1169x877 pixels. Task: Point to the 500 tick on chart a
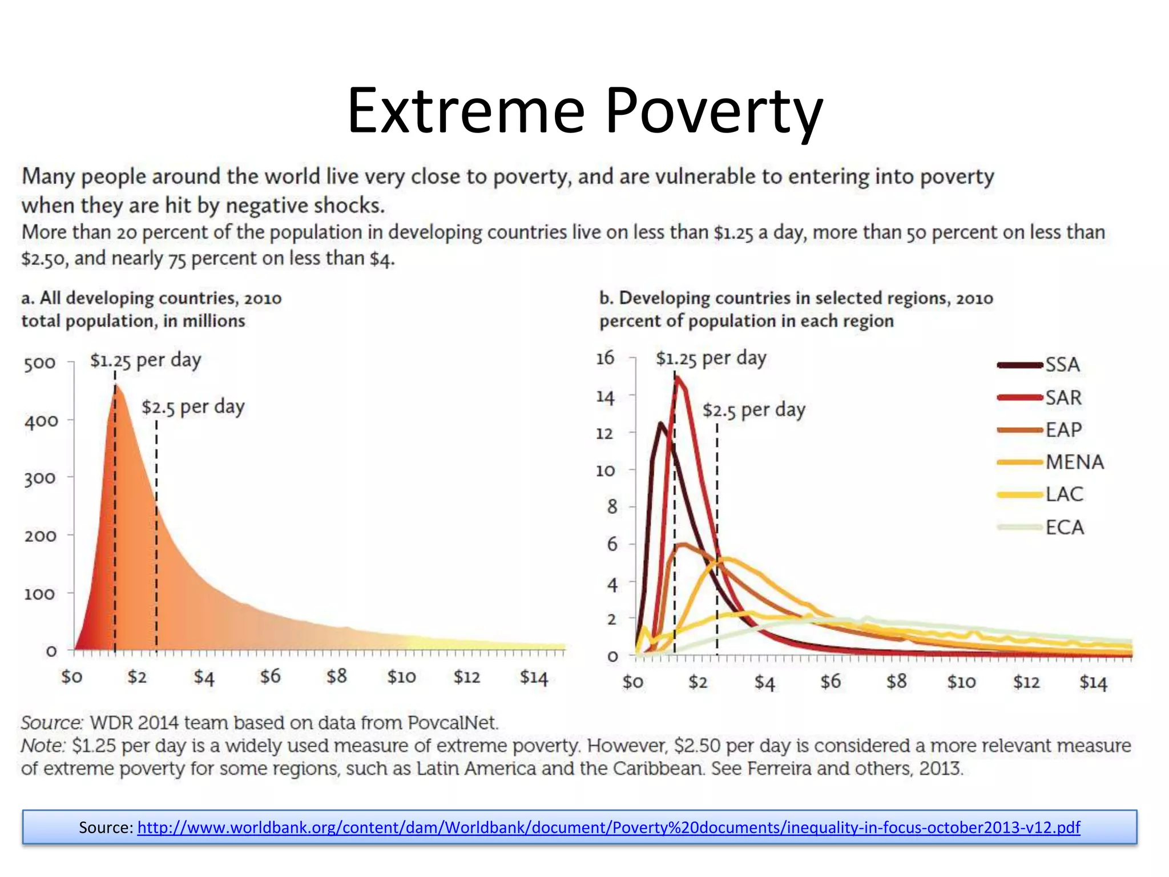click(40, 363)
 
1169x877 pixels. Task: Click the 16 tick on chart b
click(605, 358)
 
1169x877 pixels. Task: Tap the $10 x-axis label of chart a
click(401, 677)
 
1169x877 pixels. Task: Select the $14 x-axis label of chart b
click(1093, 682)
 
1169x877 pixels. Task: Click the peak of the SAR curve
click(677, 377)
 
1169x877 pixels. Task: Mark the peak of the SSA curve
click(660, 424)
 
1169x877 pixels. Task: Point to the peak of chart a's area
click(116, 387)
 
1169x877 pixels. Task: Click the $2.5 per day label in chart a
click(193, 407)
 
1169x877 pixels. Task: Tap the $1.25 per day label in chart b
click(711, 359)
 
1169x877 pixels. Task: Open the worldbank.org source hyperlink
click(608, 827)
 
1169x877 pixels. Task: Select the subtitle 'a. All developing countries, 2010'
click(151, 298)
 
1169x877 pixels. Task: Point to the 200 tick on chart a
click(40, 536)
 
